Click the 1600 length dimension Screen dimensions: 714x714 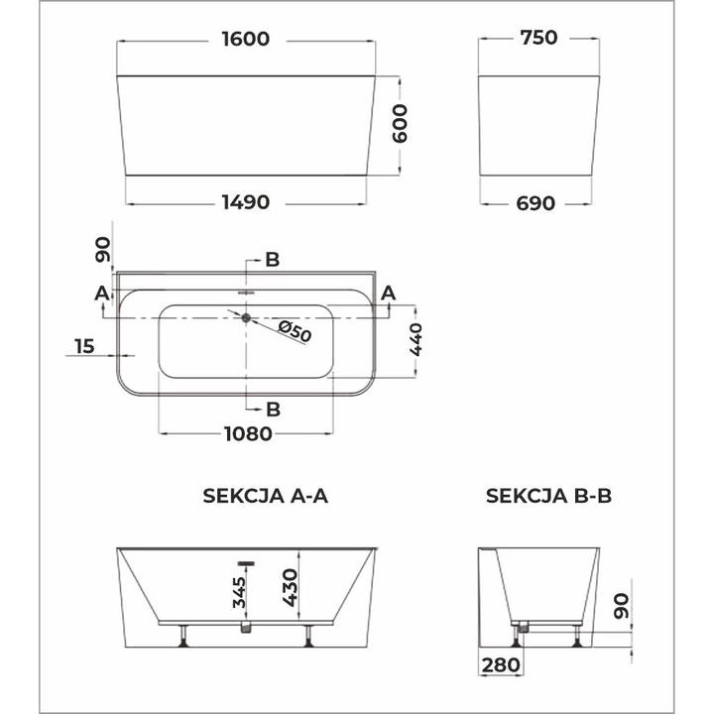(247, 39)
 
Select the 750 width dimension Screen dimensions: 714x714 (538, 39)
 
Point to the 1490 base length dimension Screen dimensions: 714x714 (247, 202)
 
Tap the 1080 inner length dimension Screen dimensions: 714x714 (247, 433)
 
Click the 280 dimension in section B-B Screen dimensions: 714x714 (500, 663)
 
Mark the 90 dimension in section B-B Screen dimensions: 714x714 (621, 607)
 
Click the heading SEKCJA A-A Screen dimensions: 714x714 (265, 497)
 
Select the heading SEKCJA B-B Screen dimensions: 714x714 (549, 497)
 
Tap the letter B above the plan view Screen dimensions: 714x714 (273, 260)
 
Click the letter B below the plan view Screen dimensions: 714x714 (273, 408)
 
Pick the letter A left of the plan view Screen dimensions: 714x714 (100, 293)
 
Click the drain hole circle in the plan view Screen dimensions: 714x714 (245, 317)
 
